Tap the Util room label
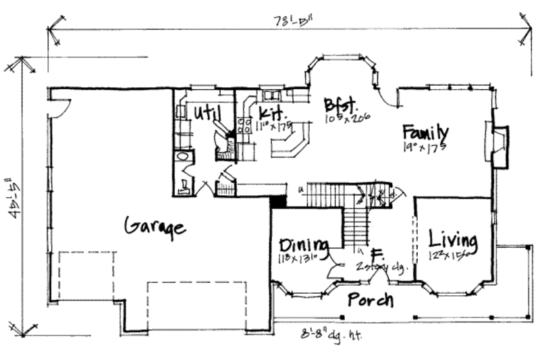[206, 111]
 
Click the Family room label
[425, 130]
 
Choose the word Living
[453, 240]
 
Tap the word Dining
[303, 245]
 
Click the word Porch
[371, 299]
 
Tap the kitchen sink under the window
[271, 95]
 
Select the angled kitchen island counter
[290, 143]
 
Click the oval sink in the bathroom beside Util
[181, 157]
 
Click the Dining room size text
[300, 257]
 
